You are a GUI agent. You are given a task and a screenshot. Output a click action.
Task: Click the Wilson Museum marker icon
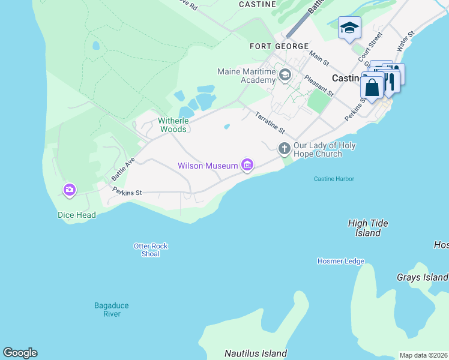[x=247, y=165]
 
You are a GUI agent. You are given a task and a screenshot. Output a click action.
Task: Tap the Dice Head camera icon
[x=70, y=190]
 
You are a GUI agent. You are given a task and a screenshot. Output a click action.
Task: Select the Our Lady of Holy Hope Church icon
[x=285, y=148]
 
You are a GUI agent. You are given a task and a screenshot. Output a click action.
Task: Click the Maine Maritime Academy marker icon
[x=285, y=75]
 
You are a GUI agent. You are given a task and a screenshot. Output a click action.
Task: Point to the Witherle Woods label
[x=173, y=125]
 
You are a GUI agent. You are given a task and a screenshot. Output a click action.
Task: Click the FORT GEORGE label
[x=280, y=46]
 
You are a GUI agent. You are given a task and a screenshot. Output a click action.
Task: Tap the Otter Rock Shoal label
[x=151, y=250]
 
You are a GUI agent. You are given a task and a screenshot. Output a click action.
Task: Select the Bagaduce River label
[x=112, y=310]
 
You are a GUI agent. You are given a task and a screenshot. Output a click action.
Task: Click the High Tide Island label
[x=368, y=228]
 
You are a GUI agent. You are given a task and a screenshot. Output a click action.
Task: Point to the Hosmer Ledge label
[x=340, y=261]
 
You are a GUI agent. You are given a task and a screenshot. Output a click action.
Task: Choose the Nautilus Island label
[x=256, y=353]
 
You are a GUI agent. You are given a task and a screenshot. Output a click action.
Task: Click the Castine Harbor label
[x=334, y=179]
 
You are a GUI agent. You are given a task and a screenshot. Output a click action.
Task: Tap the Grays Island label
[x=422, y=277]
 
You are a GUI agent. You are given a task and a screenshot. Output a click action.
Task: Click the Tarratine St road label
[x=270, y=123]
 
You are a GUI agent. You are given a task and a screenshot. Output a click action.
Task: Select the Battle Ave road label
[x=123, y=170]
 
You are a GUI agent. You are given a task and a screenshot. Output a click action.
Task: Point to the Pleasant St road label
[x=318, y=85]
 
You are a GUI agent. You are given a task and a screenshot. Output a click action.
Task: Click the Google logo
[x=20, y=353]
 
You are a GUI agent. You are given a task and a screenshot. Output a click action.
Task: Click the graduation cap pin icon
[x=349, y=28]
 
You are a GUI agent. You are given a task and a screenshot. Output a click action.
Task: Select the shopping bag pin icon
[x=372, y=87]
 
